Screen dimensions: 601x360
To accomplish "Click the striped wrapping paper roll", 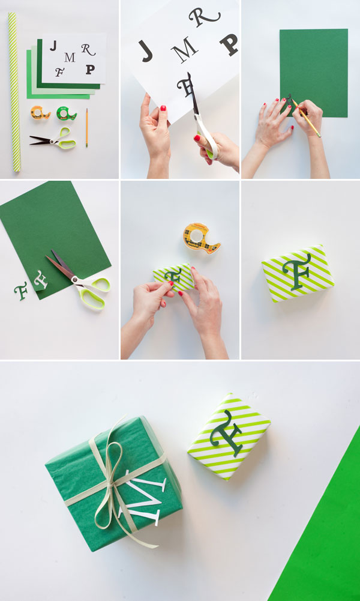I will pyautogui.click(x=13, y=90).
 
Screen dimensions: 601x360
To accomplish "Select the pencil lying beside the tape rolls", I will pyautogui.click(x=87, y=127).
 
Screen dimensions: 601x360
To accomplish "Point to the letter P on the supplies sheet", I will pyautogui.click(x=90, y=69).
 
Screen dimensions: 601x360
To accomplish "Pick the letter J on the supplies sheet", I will pyautogui.click(x=53, y=46).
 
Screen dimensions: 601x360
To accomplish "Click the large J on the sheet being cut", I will pyautogui.click(x=146, y=51).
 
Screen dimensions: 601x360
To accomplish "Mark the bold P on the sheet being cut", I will pyautogui.click(x=228, y=44).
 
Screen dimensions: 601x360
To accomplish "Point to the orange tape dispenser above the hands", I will pyautogui.click(x=202, y=237).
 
